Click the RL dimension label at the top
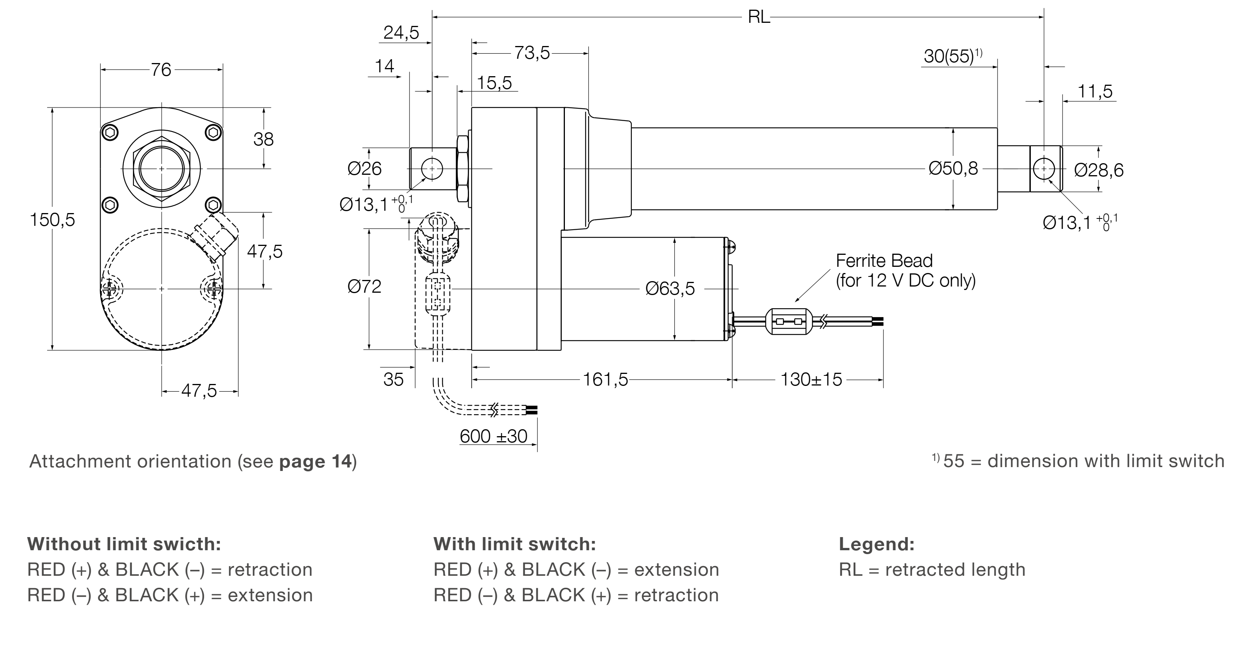click(x=758, y=17)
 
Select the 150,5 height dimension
click(x=53, y=220)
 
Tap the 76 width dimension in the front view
click(x=161, y=70)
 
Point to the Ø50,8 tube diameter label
click(x=953, y=169)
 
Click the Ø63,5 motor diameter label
click(x=670, y=289)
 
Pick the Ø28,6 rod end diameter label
click(x=1099, y=170)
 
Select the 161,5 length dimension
click(x=605, y=380)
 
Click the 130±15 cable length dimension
click(x=812, y=380)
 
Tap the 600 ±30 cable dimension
click(x=493, y=437)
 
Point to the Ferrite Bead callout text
click(x=906, y=271)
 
